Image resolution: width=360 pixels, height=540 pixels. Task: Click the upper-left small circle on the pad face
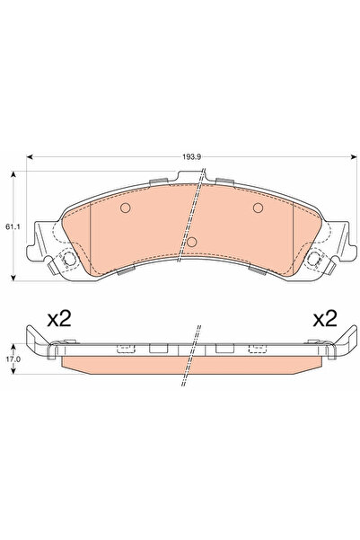(126, 208)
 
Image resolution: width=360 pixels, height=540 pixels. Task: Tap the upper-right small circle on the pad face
(258, 208)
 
